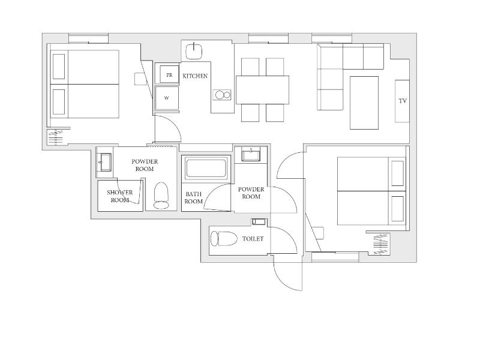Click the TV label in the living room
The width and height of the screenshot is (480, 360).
403,101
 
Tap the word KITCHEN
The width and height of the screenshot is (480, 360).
195,76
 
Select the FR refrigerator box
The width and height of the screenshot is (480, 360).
169,74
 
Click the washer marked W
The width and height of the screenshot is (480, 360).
167,98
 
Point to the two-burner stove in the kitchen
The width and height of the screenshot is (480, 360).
222,95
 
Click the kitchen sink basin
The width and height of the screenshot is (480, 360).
194,51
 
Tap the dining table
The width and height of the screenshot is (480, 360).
262,90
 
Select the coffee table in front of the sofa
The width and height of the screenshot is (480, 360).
364,103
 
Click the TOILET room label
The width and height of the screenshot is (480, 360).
253,239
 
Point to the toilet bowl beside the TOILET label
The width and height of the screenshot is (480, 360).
224,238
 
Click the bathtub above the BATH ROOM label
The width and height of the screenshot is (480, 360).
206,167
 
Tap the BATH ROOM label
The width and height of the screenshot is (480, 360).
193,198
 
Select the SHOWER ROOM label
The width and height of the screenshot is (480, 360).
119,196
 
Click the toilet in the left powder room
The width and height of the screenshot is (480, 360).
161,196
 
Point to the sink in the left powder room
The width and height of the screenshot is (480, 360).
104,162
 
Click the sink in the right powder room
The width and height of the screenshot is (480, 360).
251,154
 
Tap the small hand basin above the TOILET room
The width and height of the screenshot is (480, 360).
259,221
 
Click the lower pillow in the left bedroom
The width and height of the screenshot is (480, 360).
59,102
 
